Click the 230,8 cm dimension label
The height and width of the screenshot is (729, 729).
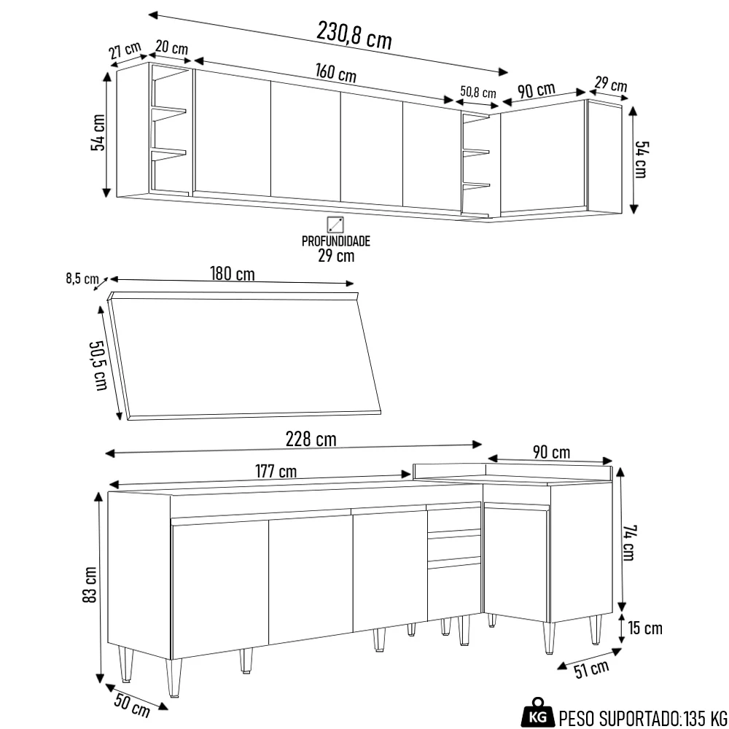pos(354,34)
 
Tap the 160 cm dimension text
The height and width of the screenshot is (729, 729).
pos(335,74)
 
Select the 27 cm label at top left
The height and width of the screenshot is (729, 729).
pos(125,51)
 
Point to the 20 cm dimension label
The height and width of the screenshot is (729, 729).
pos(172,47)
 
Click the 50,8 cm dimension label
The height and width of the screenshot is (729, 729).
pos(477,93)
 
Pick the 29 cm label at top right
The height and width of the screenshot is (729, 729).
pos(610,84)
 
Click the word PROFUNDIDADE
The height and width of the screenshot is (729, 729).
pos(336,241)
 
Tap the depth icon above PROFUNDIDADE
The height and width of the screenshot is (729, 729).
pos(336,224)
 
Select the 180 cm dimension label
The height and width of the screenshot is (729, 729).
pos(233,274)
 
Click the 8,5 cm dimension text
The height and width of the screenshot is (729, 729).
pos(82,278)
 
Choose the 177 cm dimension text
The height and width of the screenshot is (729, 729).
pos(276,471)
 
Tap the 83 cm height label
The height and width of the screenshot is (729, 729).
pos(90,584)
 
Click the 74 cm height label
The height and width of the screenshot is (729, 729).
pos(628,543)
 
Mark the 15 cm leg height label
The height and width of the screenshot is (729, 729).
pos(644,628)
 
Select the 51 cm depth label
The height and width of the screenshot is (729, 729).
pos(590,668)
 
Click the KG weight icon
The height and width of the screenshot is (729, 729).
pos(537,717)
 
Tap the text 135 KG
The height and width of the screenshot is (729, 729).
pos(705,717)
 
